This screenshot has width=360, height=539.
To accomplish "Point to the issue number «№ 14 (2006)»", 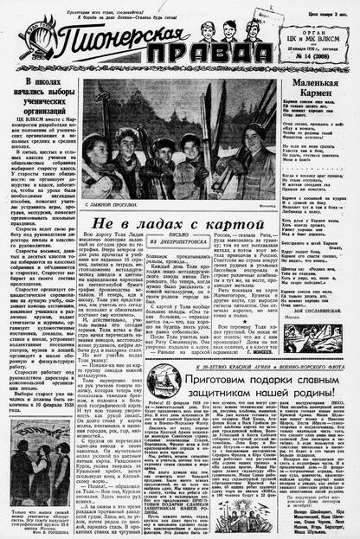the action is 316,57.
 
